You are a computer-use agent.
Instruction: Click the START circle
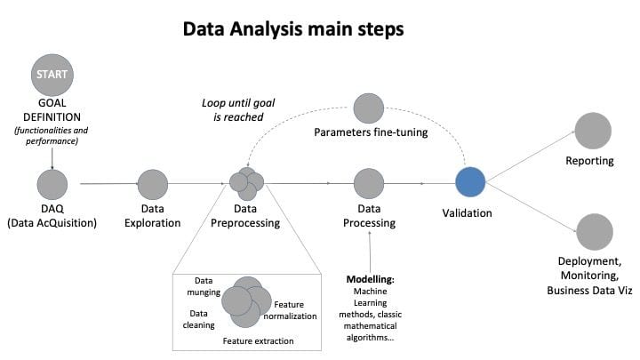[x=52, y=75]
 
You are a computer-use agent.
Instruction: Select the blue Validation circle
[x=470, y=182]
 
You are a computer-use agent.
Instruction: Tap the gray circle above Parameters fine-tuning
[x=369, y=108]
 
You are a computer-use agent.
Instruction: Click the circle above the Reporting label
[x=593, y=131]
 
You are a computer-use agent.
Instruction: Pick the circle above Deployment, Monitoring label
[x=595, y=232]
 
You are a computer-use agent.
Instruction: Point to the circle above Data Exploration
[x=153, y=185]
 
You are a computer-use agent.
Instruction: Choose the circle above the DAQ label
[x=52, y=185]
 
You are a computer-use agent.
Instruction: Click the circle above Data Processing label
[x=369, y=184]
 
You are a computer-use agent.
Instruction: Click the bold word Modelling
[x=371, y=279]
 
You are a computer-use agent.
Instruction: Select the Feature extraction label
[x=258, y=340]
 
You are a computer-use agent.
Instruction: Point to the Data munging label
[x=204, y=286]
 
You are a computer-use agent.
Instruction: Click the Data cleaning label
[x=199, y=319]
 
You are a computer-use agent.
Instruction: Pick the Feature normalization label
[x=290, y=310]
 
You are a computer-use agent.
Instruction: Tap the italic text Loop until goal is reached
[x=238, y=110]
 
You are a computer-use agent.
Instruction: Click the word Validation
[x=467, y=213]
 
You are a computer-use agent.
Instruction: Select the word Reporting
[x=590, y=161]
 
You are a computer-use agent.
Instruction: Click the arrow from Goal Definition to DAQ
[x=52, y=159]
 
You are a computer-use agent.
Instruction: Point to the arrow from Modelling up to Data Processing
[x=370, y=252]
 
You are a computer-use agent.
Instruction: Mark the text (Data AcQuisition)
[x=52, y=223]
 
